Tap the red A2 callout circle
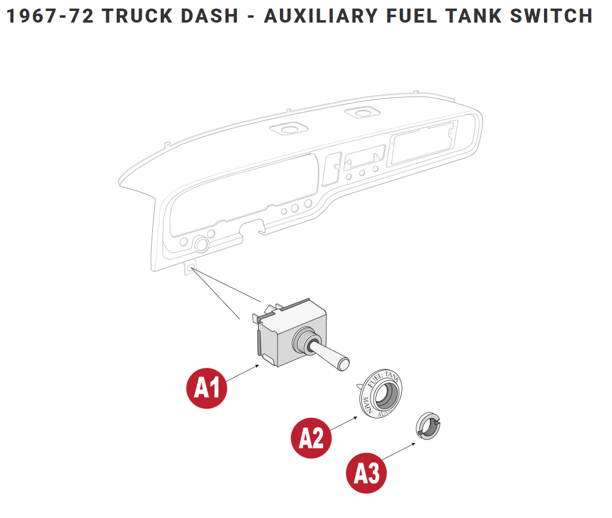click(x=311, y=437)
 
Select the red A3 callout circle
click(x=367, y=473)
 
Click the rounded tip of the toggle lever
click(x=344, y=365)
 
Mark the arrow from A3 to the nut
click(x=399, y=453)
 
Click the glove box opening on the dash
click(x=422, y=142)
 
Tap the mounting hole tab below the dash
click(x=191, y=269)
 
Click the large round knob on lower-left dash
click(x=201, y=246)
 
